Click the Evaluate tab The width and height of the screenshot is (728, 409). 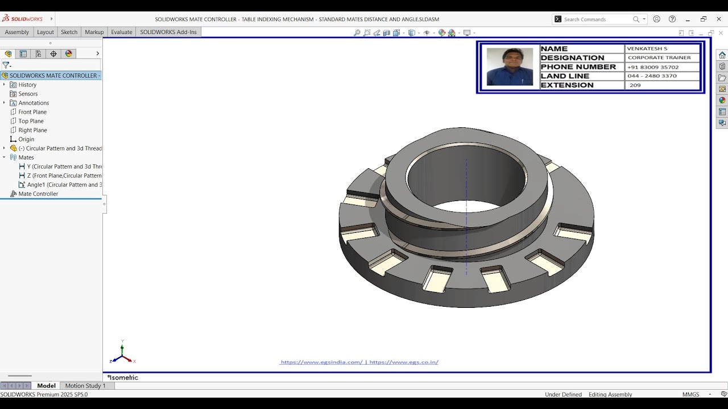(122, 32)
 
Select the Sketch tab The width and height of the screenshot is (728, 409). (69, 32)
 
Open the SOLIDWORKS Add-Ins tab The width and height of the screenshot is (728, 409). (168, 32)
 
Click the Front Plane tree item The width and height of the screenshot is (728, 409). (32, 112)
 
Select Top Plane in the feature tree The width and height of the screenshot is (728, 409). (31, 121)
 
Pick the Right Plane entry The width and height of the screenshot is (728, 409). (32, 130)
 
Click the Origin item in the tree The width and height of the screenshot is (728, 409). (26, 139)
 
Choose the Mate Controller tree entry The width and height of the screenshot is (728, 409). (38, 194)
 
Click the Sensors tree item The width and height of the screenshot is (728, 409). (28, 94)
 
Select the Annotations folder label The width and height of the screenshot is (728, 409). (34, 103)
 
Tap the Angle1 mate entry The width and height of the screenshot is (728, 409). (64, 185)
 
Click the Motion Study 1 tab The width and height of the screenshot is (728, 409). (85, 386)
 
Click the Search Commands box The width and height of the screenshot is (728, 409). (597, 19)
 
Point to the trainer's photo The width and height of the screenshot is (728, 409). (510, 66)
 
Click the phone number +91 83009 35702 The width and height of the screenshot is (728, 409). (652, 67)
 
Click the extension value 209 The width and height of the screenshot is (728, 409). (635, 85)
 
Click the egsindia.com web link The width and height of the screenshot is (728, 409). (321, 362)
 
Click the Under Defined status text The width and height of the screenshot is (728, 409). (563, 394)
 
